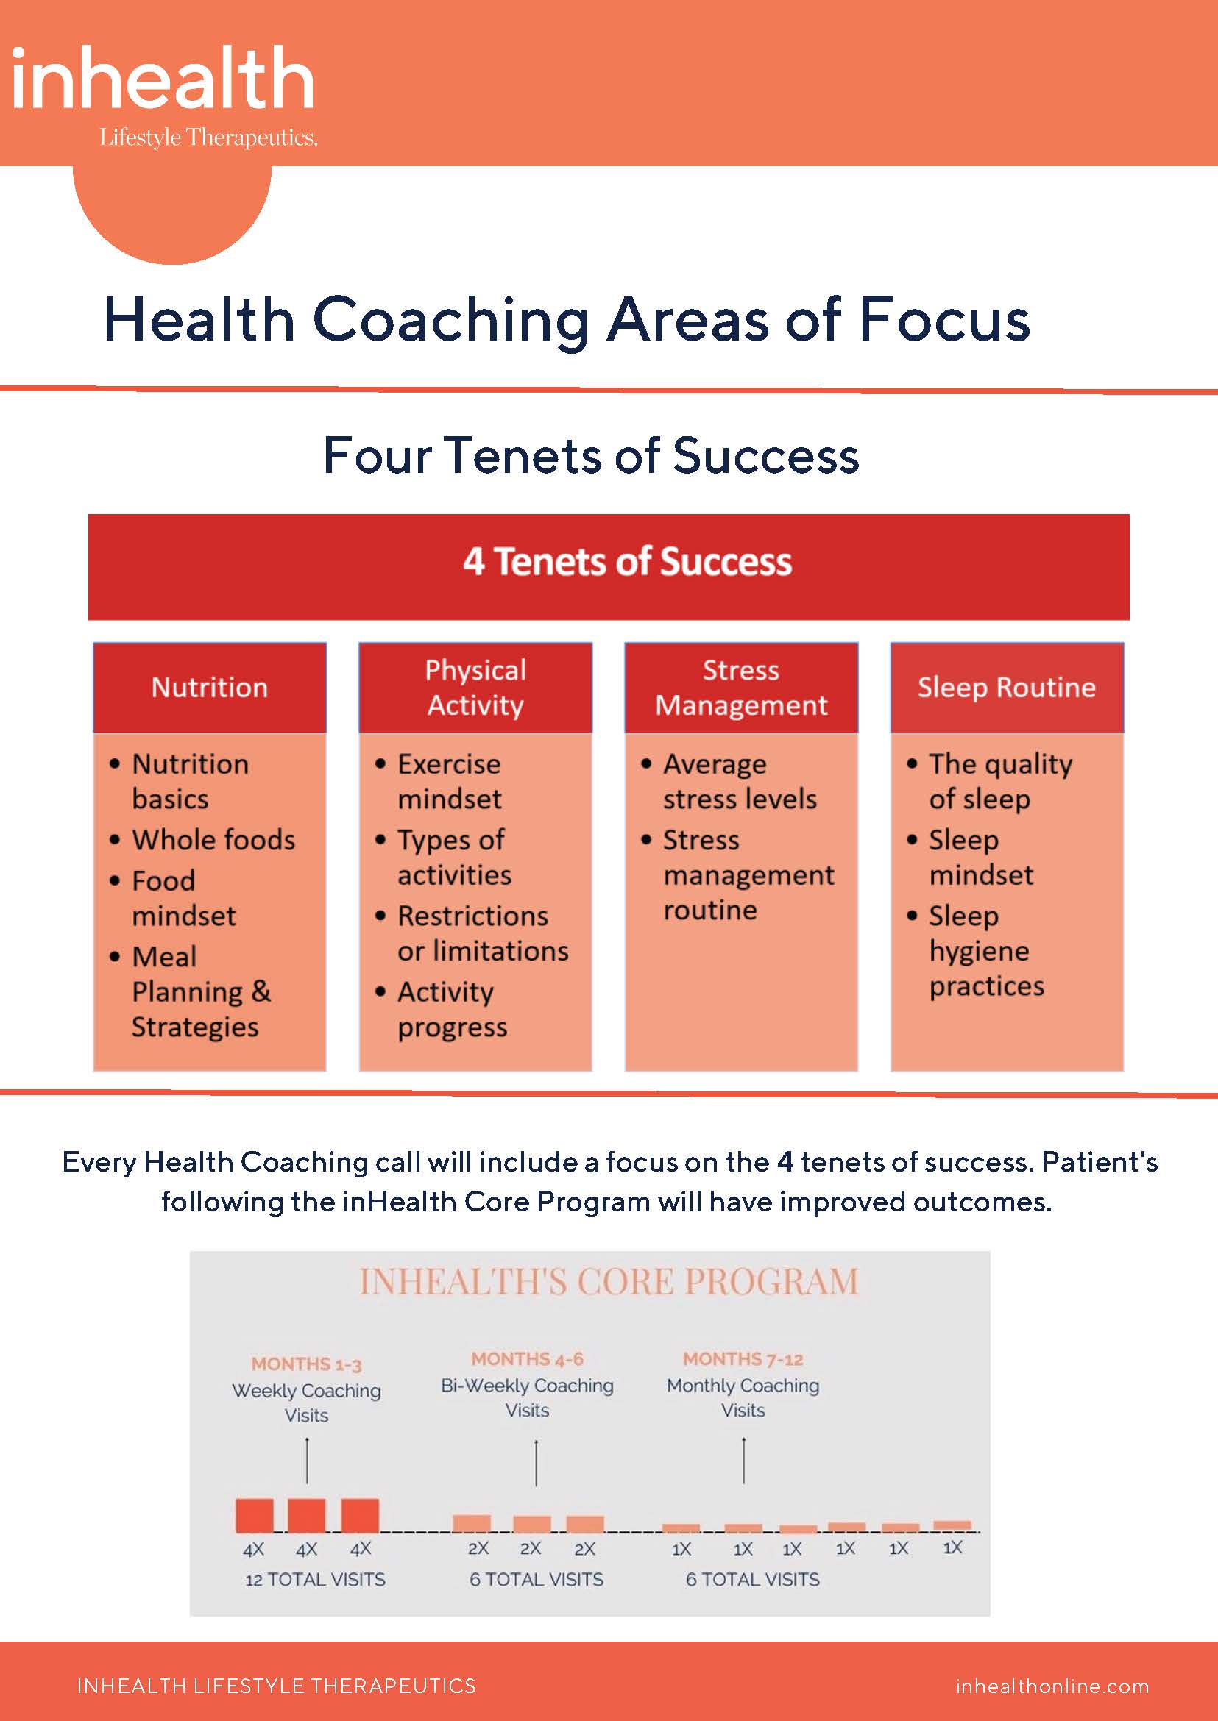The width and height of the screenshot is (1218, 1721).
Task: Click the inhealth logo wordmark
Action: (x=162, y=79)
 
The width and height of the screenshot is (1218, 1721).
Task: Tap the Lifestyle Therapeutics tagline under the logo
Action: (x=208, y=138)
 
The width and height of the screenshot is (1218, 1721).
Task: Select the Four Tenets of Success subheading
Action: (x=591, y=456)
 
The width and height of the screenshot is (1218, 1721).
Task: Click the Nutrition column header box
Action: (x=209, y=688)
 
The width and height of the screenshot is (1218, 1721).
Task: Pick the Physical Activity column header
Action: (x=475, y=688)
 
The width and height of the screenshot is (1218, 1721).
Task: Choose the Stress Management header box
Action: (x=741, y=688)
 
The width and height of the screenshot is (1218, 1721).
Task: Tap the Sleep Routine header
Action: (x=1007, y=688)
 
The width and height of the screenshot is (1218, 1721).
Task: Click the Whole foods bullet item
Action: (x=213, y=839)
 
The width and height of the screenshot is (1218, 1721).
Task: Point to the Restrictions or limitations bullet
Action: (x=482, y=933)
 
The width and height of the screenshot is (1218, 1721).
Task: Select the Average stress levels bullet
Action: (x=739, y=782)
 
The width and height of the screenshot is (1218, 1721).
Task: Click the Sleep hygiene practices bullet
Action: (x=985, y=950)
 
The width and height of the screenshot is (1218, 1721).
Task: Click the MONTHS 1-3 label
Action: (x=306, y=1364)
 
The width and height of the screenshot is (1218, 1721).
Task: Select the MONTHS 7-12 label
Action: (x=743, y=1359)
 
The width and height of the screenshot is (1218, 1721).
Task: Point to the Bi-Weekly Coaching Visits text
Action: (x=527, y=1398)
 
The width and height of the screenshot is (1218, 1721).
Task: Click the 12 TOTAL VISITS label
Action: (x=315, y=1580)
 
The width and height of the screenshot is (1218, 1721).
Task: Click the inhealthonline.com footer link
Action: (x=1052, y=1686)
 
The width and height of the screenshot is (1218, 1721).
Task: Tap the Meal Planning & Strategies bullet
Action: (x=200, y=991)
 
